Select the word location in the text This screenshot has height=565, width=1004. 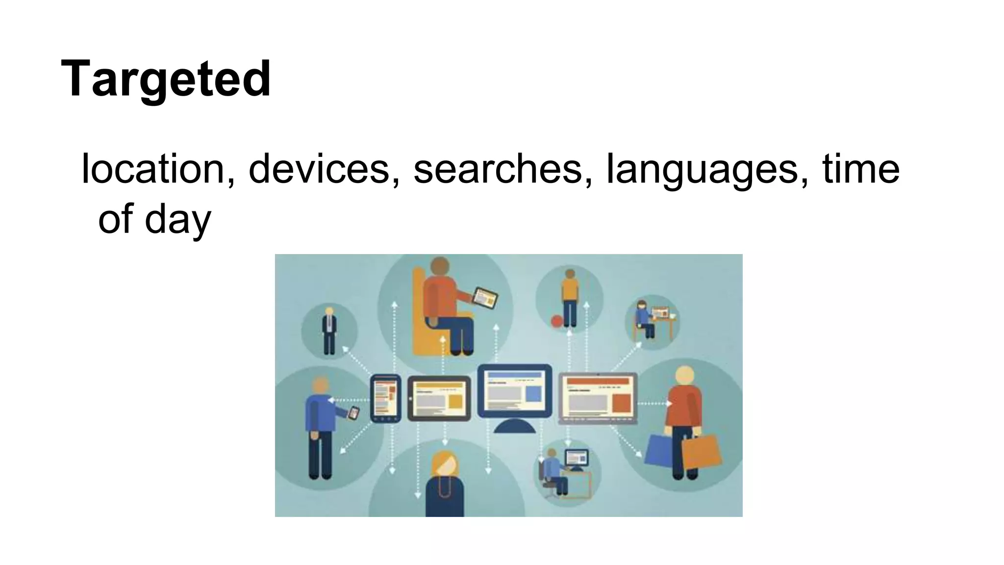click(152, 169)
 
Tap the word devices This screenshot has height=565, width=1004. click(319, 169)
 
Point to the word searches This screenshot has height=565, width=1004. click(498, 169)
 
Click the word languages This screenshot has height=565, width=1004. click(702, 170)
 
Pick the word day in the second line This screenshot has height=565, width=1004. click(177, 219)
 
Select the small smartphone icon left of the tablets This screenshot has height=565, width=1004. click(385, 398)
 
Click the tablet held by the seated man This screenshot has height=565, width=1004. click(484, 298)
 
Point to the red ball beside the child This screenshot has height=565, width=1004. click(557, 321)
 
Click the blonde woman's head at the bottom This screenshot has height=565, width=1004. click(444, 463)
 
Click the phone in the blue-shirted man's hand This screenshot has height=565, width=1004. click(353, 413)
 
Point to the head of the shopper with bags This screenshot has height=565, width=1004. click(684, 376)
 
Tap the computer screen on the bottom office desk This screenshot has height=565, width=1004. click(576, 458)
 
